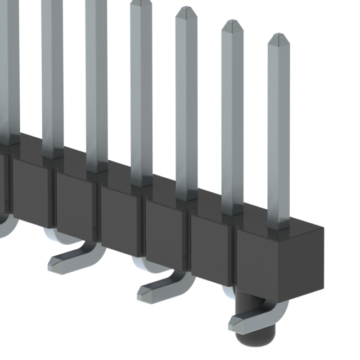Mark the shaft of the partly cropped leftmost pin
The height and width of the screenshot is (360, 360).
click(x=11, y=67)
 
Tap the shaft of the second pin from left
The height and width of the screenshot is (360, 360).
click(x=52, y=73)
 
